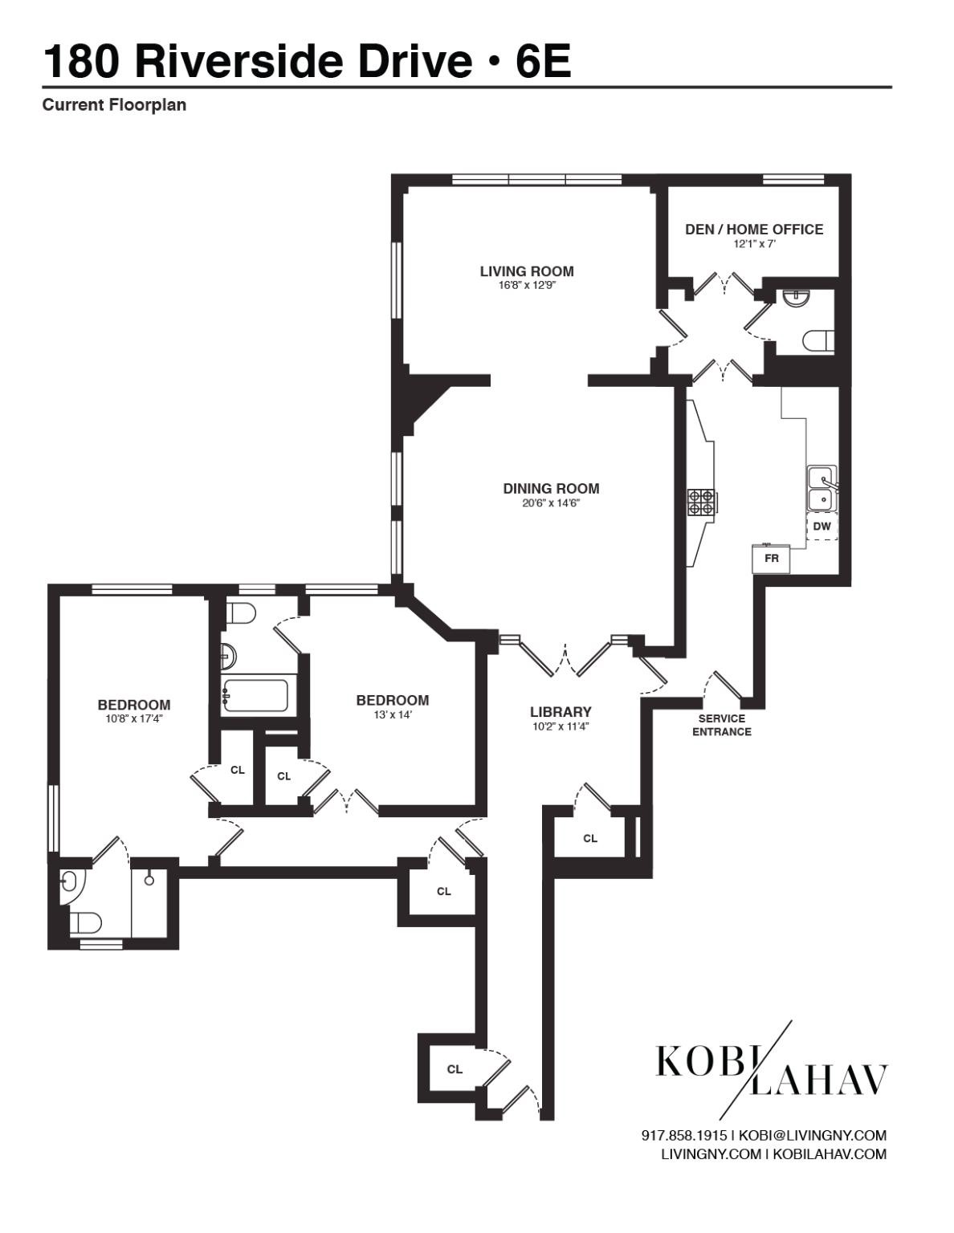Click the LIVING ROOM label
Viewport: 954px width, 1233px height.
[527, 271]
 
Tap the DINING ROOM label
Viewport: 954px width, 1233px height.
[551, 488]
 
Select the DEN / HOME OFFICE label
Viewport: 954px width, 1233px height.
[753, 230]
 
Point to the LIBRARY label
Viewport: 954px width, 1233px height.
[561, 712]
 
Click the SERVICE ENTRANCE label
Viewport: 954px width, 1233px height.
[721, 725]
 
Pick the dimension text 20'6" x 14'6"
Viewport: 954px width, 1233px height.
[551, 503]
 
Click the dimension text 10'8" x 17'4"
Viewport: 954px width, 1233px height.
[134, 719]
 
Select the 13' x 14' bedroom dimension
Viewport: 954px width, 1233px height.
[392, 714]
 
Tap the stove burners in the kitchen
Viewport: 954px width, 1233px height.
[700, 502]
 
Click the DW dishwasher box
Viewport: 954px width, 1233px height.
[821, 527]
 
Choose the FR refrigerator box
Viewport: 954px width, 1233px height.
[771, 559]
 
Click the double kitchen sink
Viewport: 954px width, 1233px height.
[821, 488]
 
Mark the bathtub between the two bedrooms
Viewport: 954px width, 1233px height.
[255, 696]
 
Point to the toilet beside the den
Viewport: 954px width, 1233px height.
[818, 340]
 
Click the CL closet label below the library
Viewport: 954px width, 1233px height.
[590, 838]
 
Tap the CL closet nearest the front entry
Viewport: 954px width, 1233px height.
[455, 1068]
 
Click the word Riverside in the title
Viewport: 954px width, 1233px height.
[303, 61]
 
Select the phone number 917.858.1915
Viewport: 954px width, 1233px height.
[683, 1135]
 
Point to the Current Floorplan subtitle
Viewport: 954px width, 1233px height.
[114, 105]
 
